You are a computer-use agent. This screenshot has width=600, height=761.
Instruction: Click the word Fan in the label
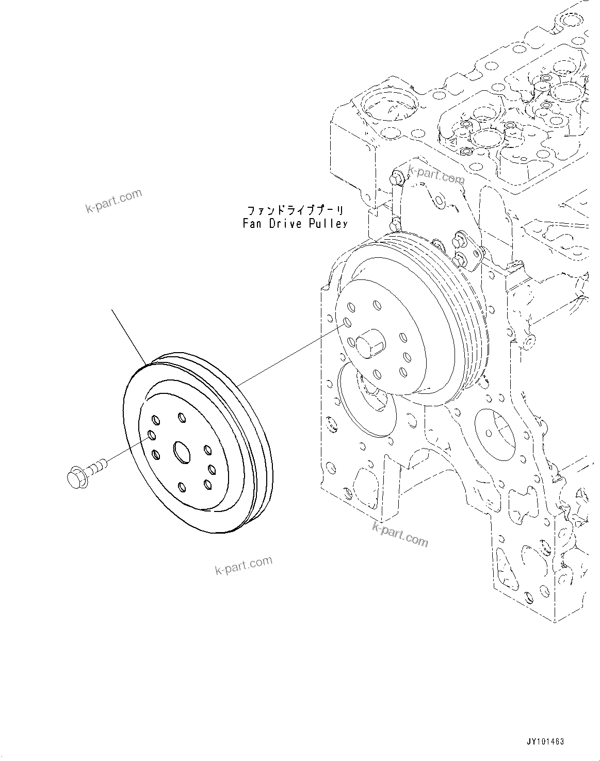pos(253,224)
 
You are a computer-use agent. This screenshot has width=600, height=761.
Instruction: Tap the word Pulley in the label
pos(328,224)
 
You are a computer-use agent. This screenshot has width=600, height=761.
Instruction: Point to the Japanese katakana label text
pos(295,210)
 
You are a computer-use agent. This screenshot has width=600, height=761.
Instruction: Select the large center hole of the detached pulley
pos(182,451)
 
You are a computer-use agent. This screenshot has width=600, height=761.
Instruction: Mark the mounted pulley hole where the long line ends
pos(347,323)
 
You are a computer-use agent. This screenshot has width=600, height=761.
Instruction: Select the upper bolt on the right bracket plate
pos(459,240)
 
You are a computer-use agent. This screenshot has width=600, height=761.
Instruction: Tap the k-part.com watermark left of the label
pos(113,201)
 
